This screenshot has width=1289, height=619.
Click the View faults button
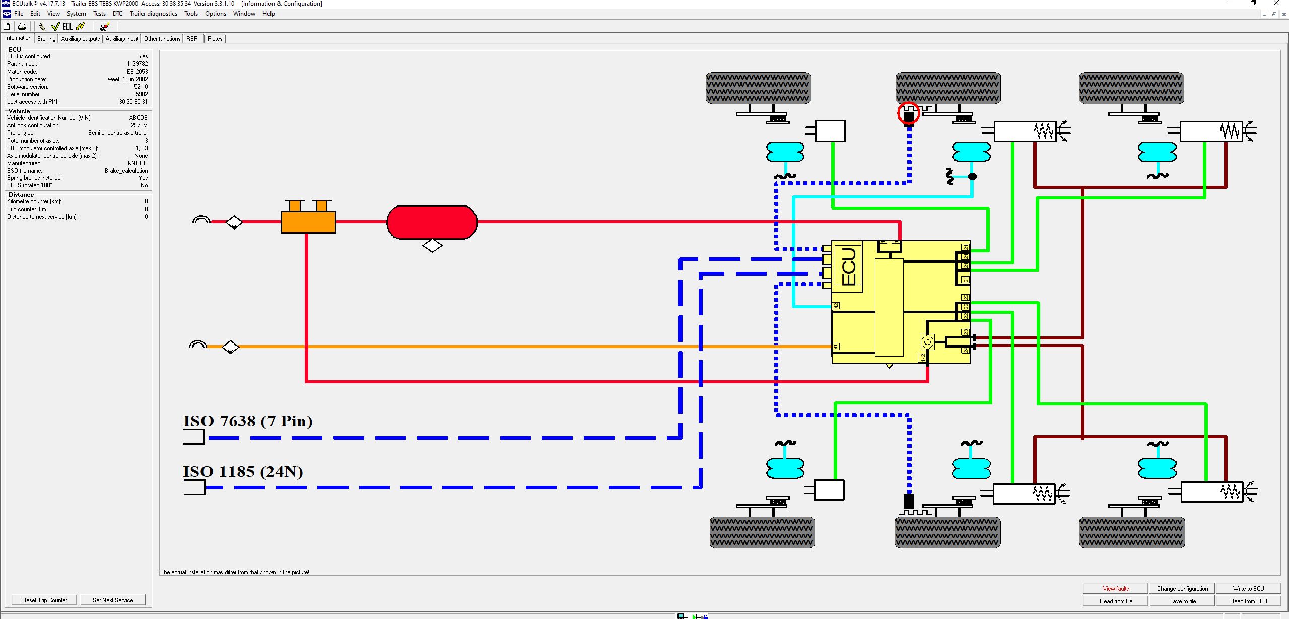[1115, 588]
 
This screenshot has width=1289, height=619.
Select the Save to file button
[1182, 601]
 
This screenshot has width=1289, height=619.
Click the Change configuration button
[1182, 588]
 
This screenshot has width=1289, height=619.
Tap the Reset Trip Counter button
[44, 600]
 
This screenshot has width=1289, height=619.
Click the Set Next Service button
[113, 600]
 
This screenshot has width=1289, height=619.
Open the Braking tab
[46, 39]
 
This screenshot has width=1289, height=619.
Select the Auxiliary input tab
[121, 39]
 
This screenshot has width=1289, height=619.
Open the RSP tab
[192, 39]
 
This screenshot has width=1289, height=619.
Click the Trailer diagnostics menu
[153, 14]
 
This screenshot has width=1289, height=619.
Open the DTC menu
[117, 14]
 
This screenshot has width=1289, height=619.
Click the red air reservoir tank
[432, 222]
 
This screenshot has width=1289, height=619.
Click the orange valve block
[308, 222]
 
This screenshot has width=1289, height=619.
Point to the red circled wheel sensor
[908, 113]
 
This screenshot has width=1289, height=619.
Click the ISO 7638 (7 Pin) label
[247, 421]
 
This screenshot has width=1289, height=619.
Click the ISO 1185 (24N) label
[243, 472]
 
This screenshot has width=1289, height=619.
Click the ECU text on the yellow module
[848, 266]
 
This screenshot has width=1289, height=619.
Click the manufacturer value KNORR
[138, 163]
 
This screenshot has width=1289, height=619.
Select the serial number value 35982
[140, 94]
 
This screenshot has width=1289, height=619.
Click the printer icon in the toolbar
[22, 26]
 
